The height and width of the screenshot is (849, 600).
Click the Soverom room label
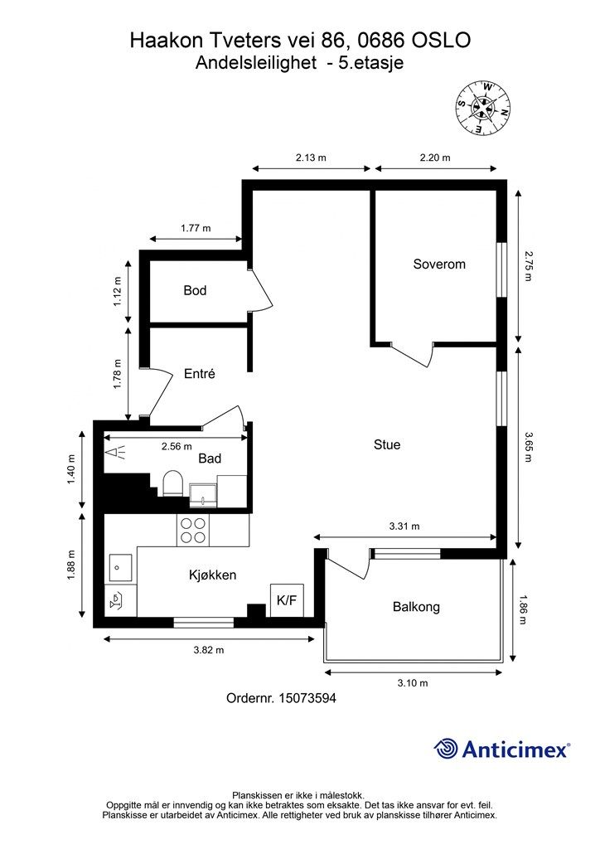[x=438, y=264]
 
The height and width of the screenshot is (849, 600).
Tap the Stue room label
[x=387, y=444]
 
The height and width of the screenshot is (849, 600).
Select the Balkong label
[x=416, y=607]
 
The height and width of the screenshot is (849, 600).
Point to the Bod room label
[x=195, y=291]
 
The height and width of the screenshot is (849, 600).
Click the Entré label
[x=199, y=374]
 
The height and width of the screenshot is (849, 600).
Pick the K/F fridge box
[x=287, y=600]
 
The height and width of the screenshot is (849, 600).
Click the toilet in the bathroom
[x=173, y=483]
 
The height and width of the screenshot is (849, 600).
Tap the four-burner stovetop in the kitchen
[x=193, y=531]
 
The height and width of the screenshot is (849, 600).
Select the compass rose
[x=482, y=108]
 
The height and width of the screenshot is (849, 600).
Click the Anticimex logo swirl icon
[x=445, y=749]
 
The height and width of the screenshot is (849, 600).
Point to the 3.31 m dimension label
[x=404, y=526]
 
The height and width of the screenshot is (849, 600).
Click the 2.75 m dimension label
[x=529, y=265]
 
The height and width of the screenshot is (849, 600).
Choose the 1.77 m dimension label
[x=196, y=228]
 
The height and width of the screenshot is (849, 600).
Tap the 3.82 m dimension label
[x=209, y=650]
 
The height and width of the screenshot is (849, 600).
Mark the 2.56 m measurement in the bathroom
[x=177, y=447]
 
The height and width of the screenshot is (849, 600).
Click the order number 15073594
[x=307, y=698]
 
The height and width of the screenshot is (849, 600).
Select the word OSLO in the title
[x=441, y=40]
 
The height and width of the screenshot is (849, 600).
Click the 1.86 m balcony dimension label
[x=522, y=609]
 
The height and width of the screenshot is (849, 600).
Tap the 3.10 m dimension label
[x=413, y=683]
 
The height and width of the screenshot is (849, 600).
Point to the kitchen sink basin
[x=121, y=567]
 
